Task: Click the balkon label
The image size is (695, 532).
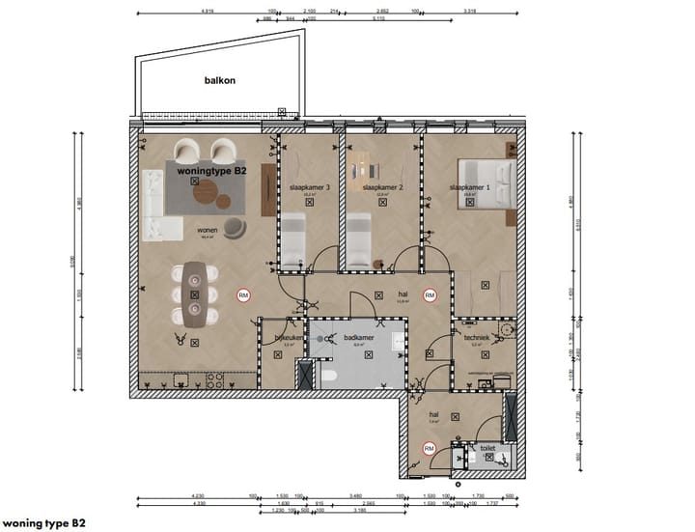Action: pyautogui.click(x=221, y=81)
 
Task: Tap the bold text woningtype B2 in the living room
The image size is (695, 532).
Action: pyautogui.click(x=212, y=170)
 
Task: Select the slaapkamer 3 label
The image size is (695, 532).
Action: pyautogui.click(x=310, y=187)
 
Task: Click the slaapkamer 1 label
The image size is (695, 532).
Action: pyautogui.click(x=469, y=187)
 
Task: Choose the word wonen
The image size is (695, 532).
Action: pyautogui.click(x=207, y=232)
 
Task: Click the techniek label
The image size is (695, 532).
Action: pyautogui.click(x=477, y=337)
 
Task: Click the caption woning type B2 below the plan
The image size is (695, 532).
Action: pyautogui.click(x=42, y=520)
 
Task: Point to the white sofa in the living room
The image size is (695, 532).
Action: pyautogui.click(x=154, y=204)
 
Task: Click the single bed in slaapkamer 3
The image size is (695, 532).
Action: pyautogui.click(x=292, y=242)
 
